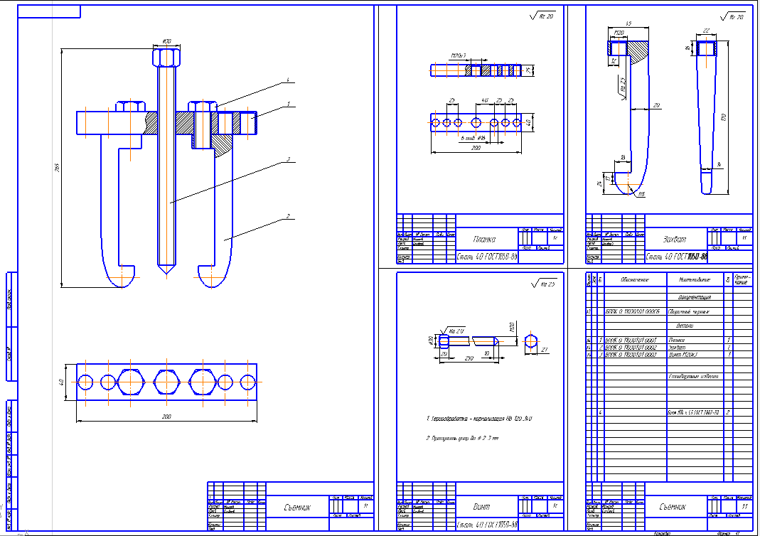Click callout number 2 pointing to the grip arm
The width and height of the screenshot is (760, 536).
point(288,215)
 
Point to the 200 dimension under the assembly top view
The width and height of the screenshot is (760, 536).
point(167,417)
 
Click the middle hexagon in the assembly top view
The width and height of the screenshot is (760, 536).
point(167,382)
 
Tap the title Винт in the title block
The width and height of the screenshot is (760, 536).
point(482,508)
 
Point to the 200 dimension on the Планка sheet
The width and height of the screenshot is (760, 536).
point(475,149)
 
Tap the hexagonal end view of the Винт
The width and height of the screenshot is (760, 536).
point(530,341)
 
